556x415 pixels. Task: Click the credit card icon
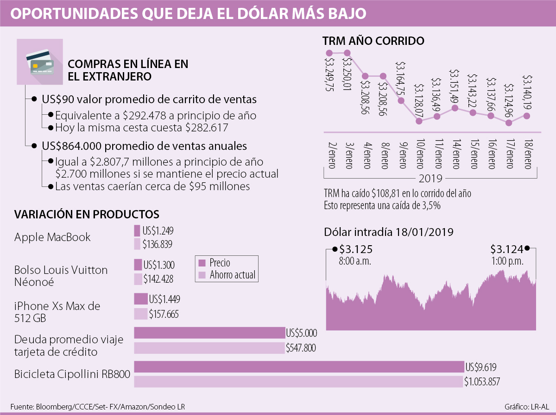pyautogui.click(x=40, y=62)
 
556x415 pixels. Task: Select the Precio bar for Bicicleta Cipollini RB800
pyautogui.click(x=299, y=366)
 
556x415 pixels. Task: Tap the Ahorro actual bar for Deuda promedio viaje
pyautogui.click(x=209, y=347)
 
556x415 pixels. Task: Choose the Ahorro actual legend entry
pyautogui.click(x=227, y=275)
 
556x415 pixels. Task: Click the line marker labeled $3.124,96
pyautogui.click(x=509, y=123)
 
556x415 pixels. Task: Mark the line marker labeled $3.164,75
pyautogui.click(x=401, y=101)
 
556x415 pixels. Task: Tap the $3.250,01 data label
pyautogui.click(x=347, y=72)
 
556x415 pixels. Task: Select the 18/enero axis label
pyautogui.click(x=527, y=155)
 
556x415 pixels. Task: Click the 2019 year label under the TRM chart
pyautogui.click(x=430, y=178)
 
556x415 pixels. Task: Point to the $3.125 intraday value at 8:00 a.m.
pyautogui.click(x=356, y=249)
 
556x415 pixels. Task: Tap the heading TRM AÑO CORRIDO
pyautogui.click(x=373, y=41)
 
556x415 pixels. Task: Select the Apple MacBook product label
pyautogui.click(x=52, y=237)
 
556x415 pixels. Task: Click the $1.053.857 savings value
pyautogui.click(x=482, y=382)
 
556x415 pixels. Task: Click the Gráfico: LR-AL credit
pyautogui.click(x=526, y=407)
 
